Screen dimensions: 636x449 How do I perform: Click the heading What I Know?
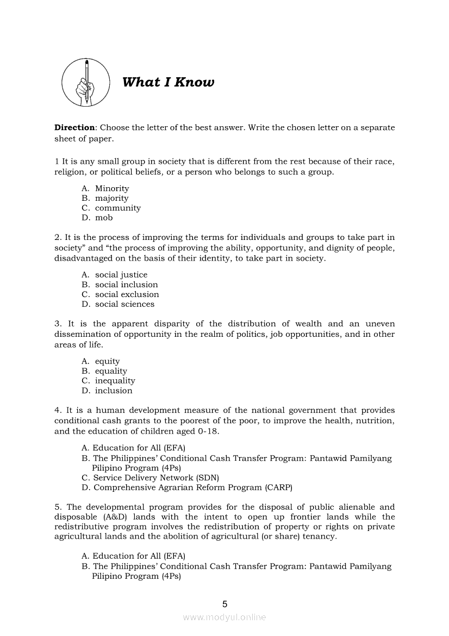click(x=168, y=82)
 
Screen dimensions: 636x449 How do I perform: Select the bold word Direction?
click(x=74, y=127)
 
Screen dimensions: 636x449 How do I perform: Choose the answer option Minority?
click(x=112, y=188)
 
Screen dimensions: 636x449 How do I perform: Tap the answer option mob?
click(x=104, y=218)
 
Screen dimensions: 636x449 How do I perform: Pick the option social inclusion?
click(x=126, y=285)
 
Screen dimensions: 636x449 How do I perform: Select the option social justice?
click(x=121, y=275)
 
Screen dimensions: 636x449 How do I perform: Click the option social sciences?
click(x=124, y=304)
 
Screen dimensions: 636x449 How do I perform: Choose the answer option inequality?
click(x=115, y=381)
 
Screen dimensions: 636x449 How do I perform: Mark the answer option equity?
click(x=107, y=361)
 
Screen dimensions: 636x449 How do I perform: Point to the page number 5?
click(x=224, y=604)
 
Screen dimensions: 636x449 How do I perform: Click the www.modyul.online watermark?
click(x=224, y=617)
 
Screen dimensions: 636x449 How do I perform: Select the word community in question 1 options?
click(x=117, y=208)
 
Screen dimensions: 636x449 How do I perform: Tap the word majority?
click(x=111, y=198)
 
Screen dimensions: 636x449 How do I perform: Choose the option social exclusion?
click(x=127, y=294)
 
